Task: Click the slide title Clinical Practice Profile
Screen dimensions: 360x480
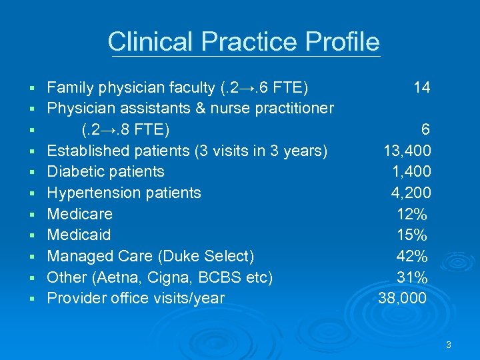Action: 243,41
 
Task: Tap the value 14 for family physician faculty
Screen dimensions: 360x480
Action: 421,87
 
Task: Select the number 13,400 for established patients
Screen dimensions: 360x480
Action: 407,150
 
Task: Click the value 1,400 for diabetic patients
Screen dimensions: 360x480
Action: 411,171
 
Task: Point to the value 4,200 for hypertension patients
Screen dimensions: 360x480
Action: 411,193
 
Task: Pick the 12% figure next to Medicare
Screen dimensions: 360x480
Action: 412,214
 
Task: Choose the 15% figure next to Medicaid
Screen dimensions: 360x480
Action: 412,235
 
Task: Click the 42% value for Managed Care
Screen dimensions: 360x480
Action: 412,256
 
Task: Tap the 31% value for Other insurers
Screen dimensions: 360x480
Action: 412,277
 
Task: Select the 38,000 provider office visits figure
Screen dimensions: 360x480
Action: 402,298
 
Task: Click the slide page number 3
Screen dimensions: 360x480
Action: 449,345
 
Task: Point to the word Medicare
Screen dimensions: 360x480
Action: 79,214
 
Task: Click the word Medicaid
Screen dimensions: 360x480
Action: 79,235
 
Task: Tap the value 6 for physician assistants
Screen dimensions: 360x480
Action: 425,129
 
